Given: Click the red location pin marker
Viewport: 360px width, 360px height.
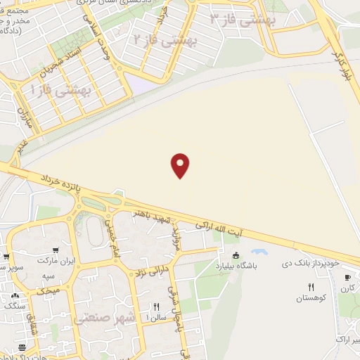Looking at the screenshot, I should [x=181, y=165].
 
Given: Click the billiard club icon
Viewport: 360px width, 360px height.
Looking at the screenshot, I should [x=236, y=255].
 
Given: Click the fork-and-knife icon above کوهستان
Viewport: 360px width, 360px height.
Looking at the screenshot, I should [x=311, y=286].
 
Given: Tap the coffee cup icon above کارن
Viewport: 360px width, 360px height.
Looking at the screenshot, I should [x=345, y=276].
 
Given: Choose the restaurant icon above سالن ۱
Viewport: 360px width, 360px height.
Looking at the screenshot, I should [x=157, y=307].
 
